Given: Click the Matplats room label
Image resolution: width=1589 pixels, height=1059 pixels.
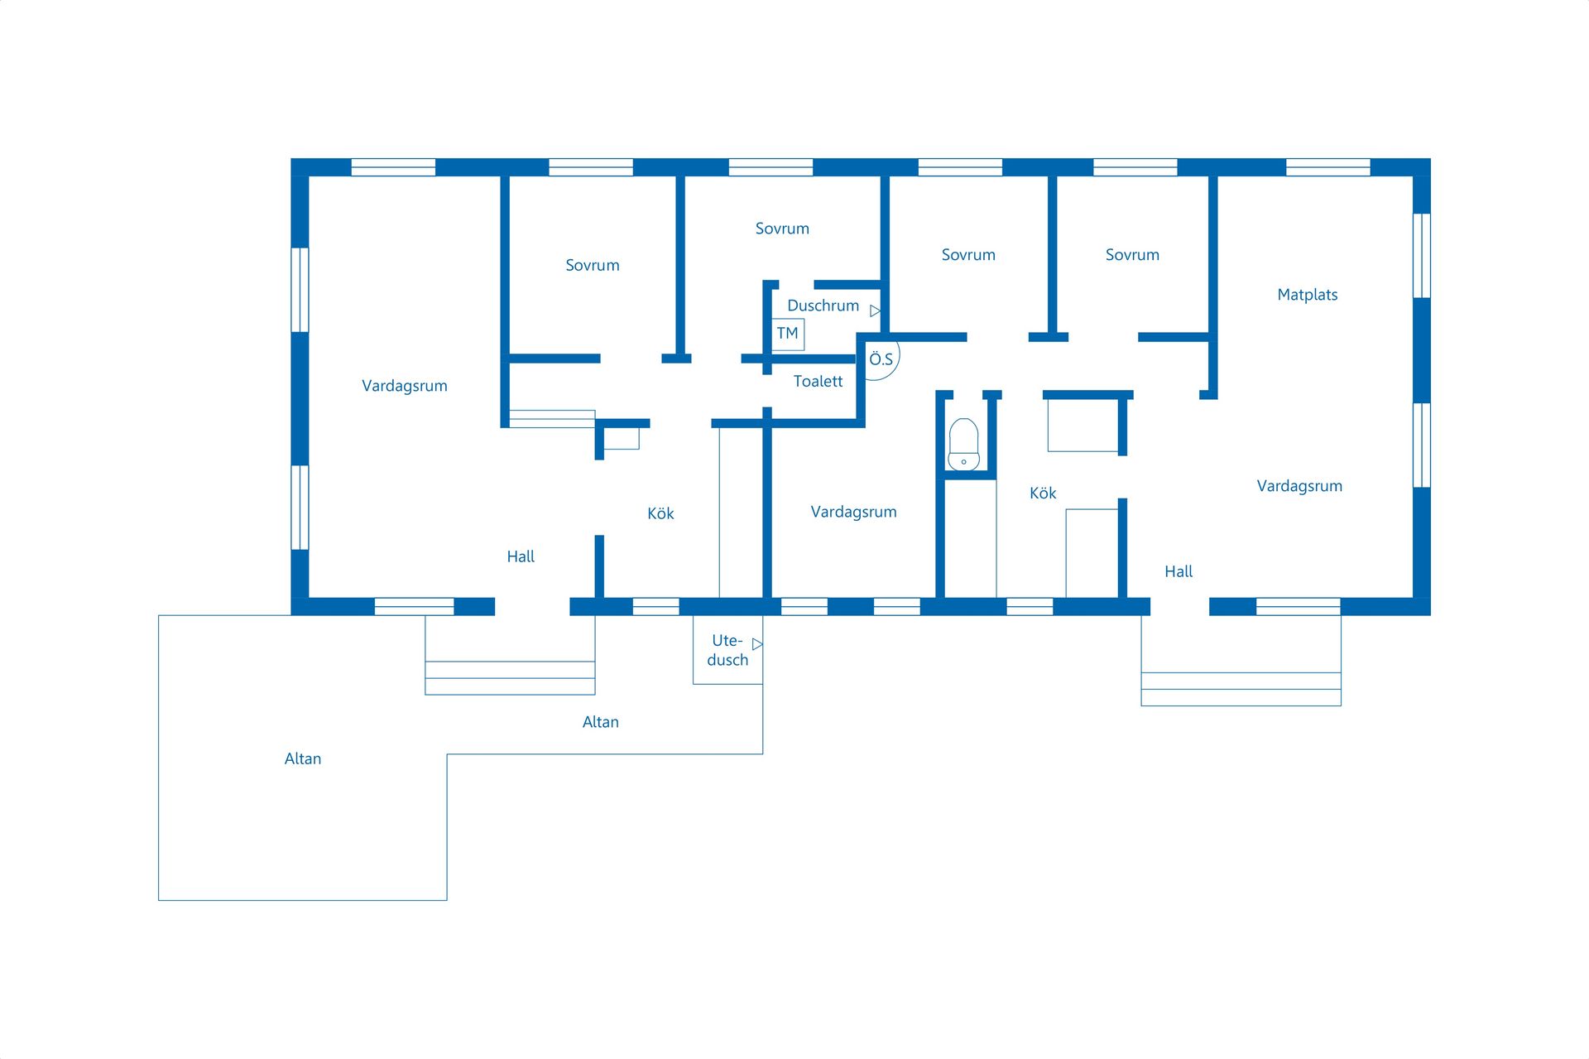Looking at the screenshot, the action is [x=1307, y=295].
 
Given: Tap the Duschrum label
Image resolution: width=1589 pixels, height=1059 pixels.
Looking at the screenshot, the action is [x=823, y=306].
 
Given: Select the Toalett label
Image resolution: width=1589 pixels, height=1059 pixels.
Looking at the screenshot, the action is [x=818, y=381].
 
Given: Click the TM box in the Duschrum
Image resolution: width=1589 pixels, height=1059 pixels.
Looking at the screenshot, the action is [x=788, y=334].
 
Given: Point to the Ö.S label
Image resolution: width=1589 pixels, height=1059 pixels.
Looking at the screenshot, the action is [x=881, y=359].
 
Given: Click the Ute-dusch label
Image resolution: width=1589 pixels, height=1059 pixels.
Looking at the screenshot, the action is [x=727, y=650].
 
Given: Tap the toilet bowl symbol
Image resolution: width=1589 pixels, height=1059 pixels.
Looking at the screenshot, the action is [x=963, y=445].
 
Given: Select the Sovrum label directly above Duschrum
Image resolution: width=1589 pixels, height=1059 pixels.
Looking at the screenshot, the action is [x=782, y=229].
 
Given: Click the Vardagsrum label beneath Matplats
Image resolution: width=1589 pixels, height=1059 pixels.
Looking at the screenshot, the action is [x=1299, y=486].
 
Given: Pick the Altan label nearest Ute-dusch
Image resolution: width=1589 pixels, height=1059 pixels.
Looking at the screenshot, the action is [x=600, y=722].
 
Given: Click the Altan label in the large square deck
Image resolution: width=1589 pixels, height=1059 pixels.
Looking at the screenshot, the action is [x=303, y=758].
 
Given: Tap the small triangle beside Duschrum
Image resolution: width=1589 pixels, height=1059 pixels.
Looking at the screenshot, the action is [x=875, y=311].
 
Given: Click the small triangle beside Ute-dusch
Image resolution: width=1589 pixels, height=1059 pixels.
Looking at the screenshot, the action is [x=757, y=644].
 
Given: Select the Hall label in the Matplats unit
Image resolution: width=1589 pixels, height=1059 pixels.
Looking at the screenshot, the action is [x=1179, y=571].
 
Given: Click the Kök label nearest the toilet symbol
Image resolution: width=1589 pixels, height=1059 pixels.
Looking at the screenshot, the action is [x=1043, y=493].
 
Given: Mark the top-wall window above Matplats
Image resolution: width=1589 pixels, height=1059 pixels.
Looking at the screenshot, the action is [x=1327, y=167].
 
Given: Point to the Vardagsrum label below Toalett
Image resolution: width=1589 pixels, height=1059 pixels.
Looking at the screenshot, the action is [x=853, y=512].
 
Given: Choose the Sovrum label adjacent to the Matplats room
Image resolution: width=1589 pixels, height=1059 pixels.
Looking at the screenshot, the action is [x=1132, y=255].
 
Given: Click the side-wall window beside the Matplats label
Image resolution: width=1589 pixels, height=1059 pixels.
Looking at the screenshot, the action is [x=1421, y=256].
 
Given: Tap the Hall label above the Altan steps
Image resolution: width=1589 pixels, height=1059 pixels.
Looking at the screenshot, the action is [x=521, y=556].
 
